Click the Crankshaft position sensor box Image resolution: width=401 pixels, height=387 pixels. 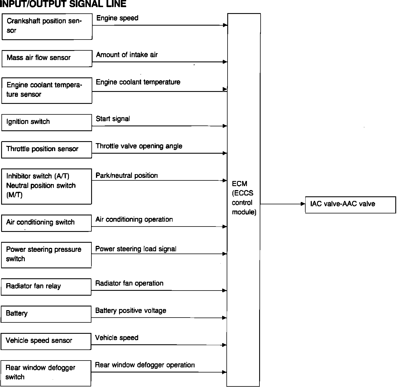click(x=47, y=26)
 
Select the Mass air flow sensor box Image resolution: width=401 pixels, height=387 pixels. click(x=47, y=59)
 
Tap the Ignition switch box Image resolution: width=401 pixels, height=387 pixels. click(x=47, y=122)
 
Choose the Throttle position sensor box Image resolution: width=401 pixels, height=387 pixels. click(x=47, y=150)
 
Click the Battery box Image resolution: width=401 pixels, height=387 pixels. click(x=46, y=314)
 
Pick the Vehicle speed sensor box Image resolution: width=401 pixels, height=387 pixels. click(x=46, y=341)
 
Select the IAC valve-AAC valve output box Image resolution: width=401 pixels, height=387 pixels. click(x=350, y=205)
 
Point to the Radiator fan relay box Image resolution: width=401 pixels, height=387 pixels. click(x=46, y=287)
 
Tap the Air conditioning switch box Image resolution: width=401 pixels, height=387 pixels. click(x=46, y=223)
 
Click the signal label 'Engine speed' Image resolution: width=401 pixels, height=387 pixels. click(x=117, y=18)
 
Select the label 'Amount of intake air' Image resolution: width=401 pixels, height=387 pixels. click(x=127, y=55)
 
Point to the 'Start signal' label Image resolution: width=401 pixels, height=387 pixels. click(x=113, y=119)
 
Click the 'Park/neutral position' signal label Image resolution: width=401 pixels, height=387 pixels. click(x=127, y=176)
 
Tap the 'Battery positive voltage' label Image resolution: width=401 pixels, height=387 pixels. click(x=131, y=311)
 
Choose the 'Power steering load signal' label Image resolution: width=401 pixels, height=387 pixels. click(x=136, y=249)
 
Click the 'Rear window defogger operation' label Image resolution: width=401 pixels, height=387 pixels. click(x=145, y=365)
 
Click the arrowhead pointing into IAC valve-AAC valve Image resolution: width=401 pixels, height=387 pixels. click(x=303, y=204)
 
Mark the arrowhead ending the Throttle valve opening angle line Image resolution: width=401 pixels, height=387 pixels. click(x=225, y=153)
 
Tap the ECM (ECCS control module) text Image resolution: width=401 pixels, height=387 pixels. click(x=244, y=198)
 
